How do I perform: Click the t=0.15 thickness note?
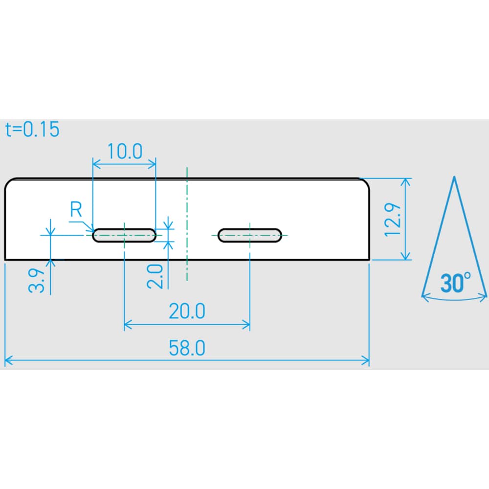(x=32, y=129)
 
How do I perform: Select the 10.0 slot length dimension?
(x=125, y=151)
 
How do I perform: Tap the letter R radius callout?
(x=76, y=209)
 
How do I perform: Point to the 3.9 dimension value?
(x=37, y=280)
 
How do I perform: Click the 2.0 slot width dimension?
(x=155, y=276)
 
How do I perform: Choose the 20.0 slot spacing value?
(x=187, y=311)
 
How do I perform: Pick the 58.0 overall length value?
(x=187, y=348)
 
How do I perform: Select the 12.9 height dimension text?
(x=392, y=220)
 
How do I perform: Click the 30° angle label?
(x=455, y=283)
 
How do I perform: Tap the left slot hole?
(x=124, y=235)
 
